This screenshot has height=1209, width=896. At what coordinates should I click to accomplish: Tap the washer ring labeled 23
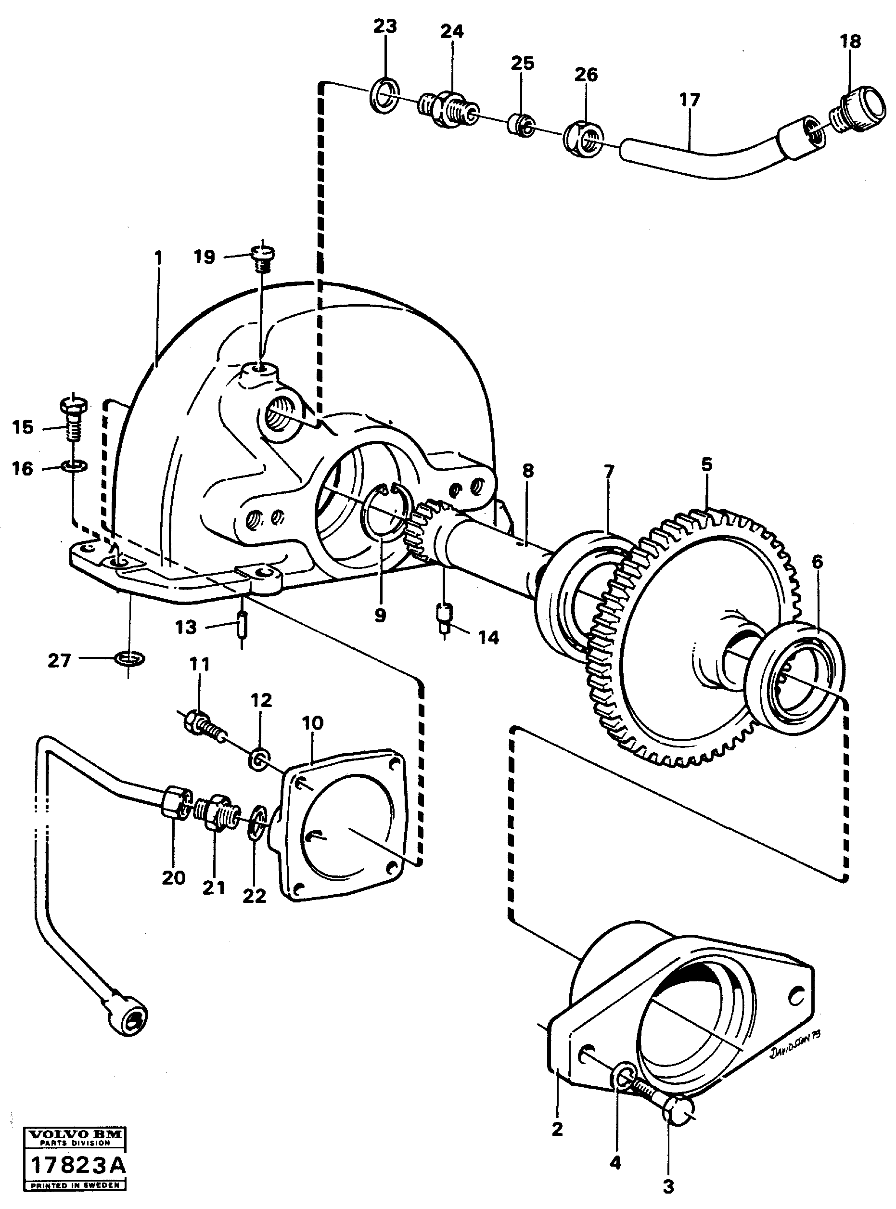[x=384, y=95]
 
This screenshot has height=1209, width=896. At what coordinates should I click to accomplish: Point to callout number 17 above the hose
[x=690, y=100]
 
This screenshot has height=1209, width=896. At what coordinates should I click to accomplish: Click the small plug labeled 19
[x=263, y=257]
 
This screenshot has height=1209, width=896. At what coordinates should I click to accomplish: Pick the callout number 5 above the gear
[x=706, y=464]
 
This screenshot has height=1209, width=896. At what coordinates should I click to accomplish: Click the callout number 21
[x=214, y=888]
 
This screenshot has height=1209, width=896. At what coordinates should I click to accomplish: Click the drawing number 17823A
[x=77, y=1165]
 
